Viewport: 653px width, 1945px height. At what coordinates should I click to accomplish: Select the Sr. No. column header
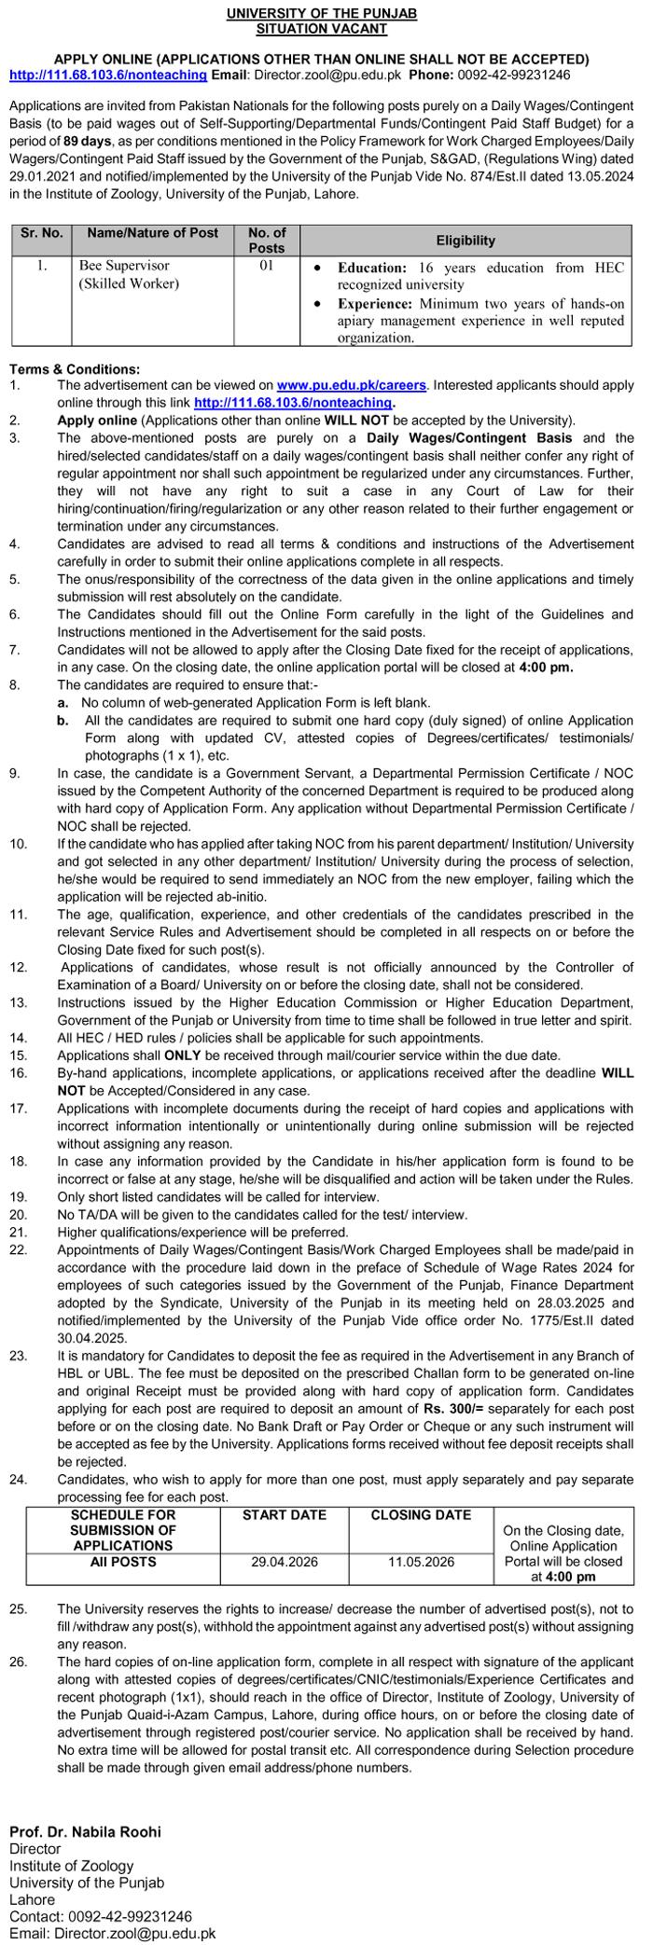tap(41, 233)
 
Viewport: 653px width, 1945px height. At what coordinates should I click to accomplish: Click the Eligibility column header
tap(465, 240)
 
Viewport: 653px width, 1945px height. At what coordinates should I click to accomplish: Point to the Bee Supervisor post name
tap(118, 267)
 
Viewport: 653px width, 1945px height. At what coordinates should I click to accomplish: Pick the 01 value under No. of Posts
tap(267, 267)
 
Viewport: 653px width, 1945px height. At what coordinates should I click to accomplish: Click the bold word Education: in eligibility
tap(372, 268)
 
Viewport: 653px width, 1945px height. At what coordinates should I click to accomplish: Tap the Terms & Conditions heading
tap(76, 369)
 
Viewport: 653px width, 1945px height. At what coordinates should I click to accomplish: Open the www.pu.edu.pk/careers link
tap(352, 384)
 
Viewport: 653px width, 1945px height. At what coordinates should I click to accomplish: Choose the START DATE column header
tap(285, 1515)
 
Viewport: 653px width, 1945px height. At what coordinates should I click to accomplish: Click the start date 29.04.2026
tap(285, 1562)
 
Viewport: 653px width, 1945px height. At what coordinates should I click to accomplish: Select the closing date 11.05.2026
tap(421, 1562)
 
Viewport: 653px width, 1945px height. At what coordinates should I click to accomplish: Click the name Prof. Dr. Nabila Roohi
tap(85, 1831)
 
